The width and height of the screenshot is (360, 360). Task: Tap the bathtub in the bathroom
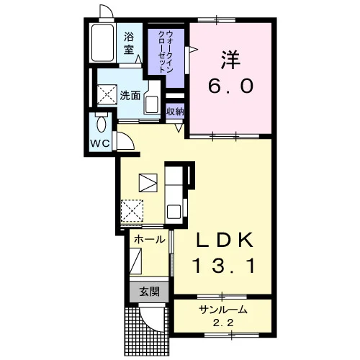[102, 42]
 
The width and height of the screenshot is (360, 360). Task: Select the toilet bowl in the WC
[102, 124]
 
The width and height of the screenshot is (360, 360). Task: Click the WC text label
[100, 143]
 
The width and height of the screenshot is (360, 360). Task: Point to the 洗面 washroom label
[130, 96]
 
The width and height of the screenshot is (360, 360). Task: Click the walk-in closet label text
[166, 52]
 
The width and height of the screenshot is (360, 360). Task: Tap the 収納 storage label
[175, 112]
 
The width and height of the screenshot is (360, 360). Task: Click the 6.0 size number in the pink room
[230, 86]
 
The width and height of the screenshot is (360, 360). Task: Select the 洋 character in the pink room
[230, 60]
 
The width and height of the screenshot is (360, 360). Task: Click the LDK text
[225, 240]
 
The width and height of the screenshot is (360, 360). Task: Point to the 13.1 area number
[225, 266]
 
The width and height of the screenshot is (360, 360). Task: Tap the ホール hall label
[150, 239]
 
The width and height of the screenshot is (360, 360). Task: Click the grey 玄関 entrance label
[149, 292]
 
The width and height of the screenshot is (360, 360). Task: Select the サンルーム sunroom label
[223, 310]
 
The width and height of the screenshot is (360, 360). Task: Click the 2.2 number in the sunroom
[223, 323]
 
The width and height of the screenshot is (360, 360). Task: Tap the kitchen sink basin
[174, 212]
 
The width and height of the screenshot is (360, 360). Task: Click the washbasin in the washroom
[152, 103]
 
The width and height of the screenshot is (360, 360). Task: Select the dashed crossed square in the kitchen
[132, 211]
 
